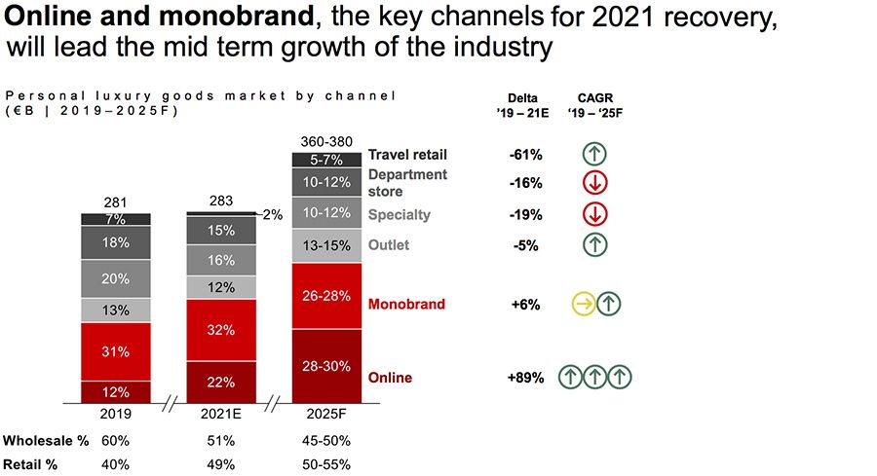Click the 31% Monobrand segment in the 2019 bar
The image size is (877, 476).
(x=115, y=351)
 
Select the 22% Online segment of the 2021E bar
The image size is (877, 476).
(x=221, y=382)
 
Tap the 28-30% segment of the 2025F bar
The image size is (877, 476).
(x=327, y=365)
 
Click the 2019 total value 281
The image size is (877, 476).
(x=115, y=202)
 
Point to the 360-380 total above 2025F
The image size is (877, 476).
(x=327, y=140)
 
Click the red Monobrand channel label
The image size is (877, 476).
(x=406, y=305)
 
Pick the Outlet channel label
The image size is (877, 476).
(x=389, y=245)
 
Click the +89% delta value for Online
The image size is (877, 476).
(x=525, y=378)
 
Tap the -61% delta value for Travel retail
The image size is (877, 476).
(x=525, y=155)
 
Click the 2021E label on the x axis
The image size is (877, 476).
(x=221, y=414)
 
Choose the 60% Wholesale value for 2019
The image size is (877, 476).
(x=115, y=440)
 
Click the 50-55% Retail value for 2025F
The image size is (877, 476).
(x=327, y=464)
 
